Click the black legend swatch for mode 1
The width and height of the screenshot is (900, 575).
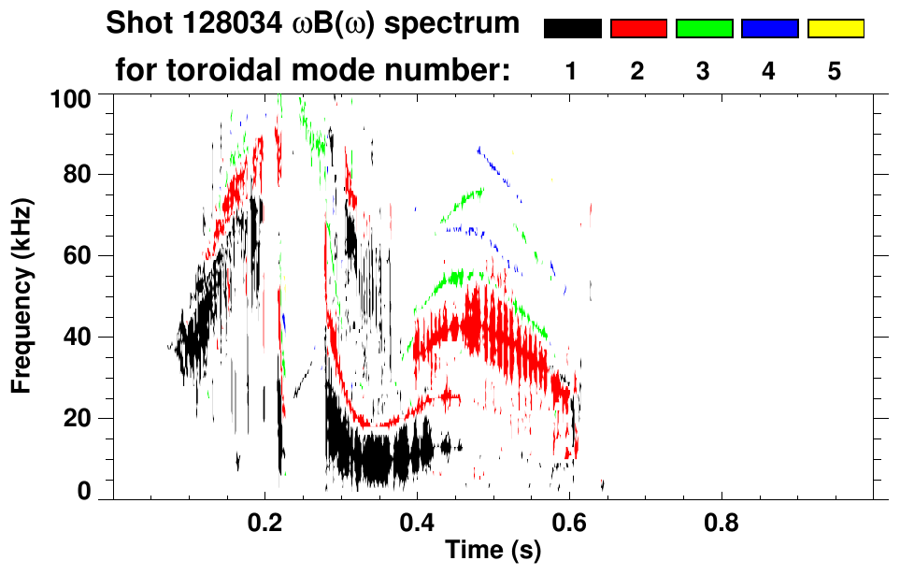pos(573,29)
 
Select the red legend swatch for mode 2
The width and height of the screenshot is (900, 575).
pos(638,29)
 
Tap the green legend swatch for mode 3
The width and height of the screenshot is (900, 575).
pos(704,29)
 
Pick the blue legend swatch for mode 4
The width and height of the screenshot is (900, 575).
pos(769,29)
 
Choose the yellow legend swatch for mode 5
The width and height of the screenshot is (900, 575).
pos(835,29)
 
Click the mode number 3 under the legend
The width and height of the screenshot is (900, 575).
pos(704,71)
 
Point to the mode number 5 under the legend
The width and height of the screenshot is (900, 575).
pos(835,71)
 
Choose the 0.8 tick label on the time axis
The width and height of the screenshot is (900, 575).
pos(721,524)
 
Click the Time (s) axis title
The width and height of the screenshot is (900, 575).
pos(493,552)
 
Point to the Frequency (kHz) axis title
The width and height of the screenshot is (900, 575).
pos(21,295)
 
